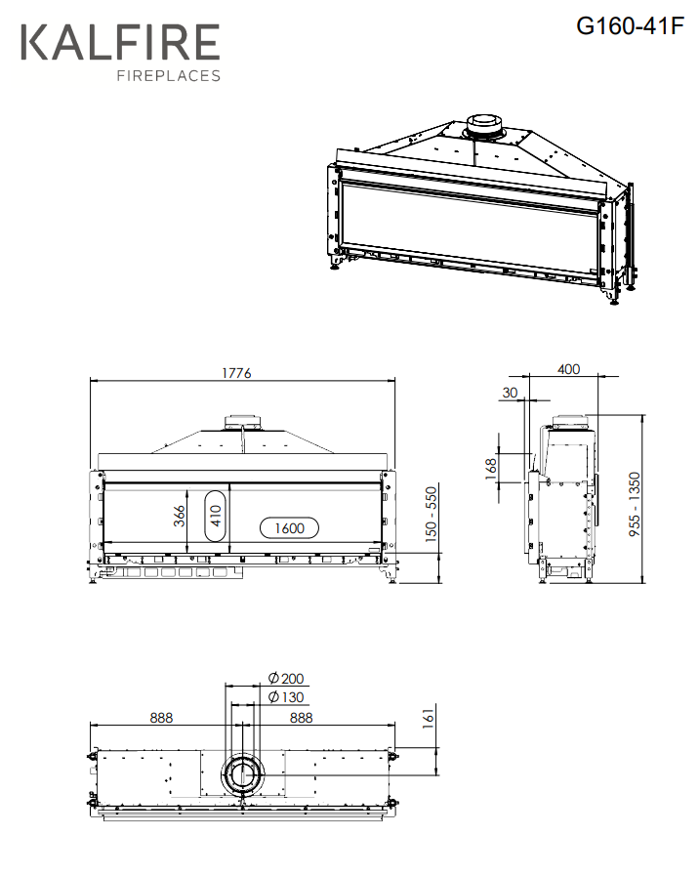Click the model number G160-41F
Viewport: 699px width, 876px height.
tap(630, 25)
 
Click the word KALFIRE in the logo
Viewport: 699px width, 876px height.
tap(121, 42)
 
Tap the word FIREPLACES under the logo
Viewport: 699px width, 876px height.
tap(169, 75)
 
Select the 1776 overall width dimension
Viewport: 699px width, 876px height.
tap(236, 373)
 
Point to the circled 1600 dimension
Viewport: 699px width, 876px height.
tap(289, 528)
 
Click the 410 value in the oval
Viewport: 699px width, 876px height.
tap(216, 517)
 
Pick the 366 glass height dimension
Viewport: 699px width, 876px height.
tap(180, 516)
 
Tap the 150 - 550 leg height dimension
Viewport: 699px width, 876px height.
tap(431, 515)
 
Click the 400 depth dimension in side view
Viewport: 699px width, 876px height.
tap(568, 369)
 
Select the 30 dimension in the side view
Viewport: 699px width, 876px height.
tap(510, 393)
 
